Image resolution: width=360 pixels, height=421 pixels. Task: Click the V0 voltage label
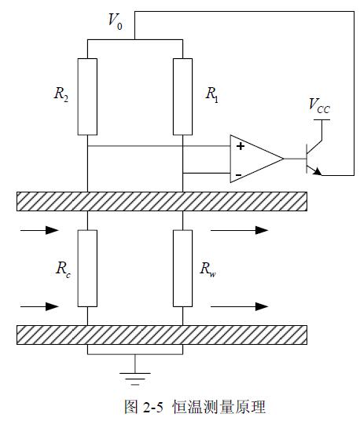(x=116, y=21)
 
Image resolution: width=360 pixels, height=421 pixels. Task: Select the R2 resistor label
(x=61, y=94)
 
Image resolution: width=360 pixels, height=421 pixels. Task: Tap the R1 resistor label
(x=212, y=95)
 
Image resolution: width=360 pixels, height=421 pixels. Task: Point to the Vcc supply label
(x=319, y=105)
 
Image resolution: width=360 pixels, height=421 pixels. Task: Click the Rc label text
(x=64, y=269)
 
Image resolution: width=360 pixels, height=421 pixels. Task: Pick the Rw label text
(x=208, y=269)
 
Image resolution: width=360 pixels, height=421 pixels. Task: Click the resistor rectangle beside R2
(x=87, y=97)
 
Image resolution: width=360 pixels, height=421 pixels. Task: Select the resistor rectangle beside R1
(x=182, y=97)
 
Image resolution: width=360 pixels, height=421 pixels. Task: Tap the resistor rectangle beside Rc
(x=87, y=268)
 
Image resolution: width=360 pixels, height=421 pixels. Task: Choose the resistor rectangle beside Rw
(x=182, y=268)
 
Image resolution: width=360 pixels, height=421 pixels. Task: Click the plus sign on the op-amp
(x=241, y=146)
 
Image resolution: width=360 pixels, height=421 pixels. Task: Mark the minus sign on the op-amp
(x=239, y=175)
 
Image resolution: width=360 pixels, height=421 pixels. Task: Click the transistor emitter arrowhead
(x=318, y=171)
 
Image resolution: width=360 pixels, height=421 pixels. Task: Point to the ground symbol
(x=135, y=379)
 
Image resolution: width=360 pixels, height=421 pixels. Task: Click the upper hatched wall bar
(x=162, y=201)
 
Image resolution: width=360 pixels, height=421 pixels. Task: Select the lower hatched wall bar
(x=162, y=335)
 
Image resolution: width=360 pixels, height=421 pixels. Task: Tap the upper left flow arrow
(x=39, y=230)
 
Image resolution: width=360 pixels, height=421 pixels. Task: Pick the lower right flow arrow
(x=240, y=306)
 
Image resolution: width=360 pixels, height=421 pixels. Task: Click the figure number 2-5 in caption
(x=153, y=408)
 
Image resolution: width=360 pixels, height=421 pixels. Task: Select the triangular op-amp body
(x=256, y=159)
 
